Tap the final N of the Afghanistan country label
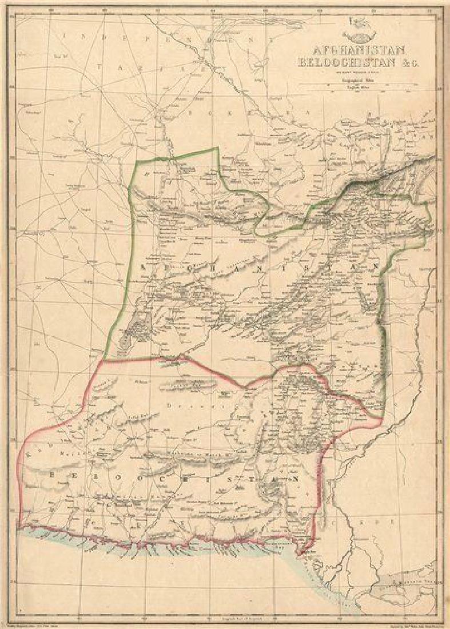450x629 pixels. coord(376,266)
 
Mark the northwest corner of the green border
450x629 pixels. coord(136,162)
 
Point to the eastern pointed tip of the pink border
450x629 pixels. coord(381,422)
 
